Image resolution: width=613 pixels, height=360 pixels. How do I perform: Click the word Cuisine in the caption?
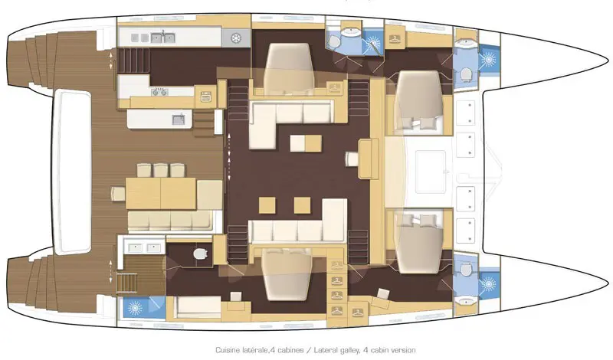tap(228, 350)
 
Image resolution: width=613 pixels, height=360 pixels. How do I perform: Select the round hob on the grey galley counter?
tap(236, 38)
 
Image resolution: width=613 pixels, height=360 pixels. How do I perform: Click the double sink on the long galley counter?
tap(163, 38)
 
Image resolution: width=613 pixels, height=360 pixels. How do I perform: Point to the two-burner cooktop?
tap(159, 92)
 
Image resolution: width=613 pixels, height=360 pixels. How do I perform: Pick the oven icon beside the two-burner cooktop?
tap(206, 96)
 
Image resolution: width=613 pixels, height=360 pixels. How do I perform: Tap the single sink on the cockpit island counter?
tap(179, 119)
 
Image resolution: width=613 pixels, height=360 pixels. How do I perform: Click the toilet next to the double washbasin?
tap(201, 254)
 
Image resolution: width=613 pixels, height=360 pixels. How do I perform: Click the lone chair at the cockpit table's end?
tap(117, 194)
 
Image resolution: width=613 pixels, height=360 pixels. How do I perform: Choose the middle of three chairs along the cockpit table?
tap(160, 170)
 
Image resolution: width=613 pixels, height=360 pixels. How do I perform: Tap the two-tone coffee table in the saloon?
tap(306, 143)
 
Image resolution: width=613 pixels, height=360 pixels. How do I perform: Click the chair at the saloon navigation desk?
tap(352, 159)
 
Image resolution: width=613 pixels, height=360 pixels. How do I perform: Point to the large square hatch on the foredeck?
tap(431, 172)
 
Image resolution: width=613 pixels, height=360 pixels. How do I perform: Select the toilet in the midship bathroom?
tap(334, 41)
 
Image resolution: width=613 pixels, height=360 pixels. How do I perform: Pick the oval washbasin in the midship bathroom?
tap(351, 31)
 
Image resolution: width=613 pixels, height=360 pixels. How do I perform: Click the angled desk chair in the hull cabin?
tap(382, 295)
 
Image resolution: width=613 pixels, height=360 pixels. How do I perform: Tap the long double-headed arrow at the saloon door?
tap(229, 156)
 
